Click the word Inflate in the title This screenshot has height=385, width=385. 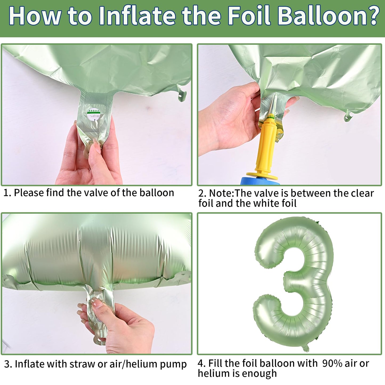[x=137, y=16]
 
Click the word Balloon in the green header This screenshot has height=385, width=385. [x=319, y=16]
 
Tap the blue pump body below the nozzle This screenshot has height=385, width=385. [x=260, y=181]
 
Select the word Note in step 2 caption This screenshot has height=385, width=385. [x=221, y=193]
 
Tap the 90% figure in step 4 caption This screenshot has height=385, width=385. [x=332, y=363]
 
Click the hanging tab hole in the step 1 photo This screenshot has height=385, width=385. [x=180, y=95]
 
